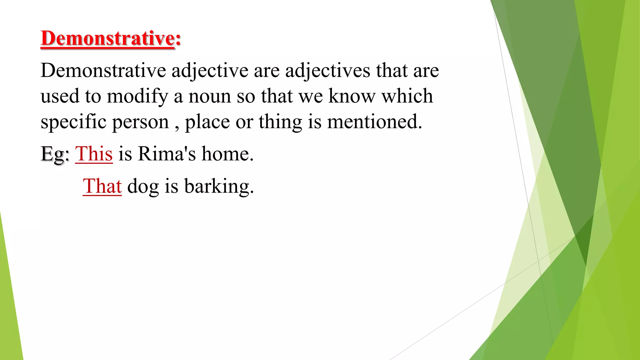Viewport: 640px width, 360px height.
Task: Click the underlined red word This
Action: [94, 154]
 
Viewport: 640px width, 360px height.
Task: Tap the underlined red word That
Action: [102, 186]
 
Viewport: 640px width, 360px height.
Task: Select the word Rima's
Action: [167, 154]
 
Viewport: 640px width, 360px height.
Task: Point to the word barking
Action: [219, 187]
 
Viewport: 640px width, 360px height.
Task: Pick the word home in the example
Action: [227, 154]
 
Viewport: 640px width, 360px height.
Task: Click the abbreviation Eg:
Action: [55, 154]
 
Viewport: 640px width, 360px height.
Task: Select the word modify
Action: [137, 96]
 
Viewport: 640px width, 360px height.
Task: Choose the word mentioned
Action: [374, 122]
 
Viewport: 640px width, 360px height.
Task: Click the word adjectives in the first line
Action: [327, 71]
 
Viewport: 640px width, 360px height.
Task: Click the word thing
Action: [280, 122]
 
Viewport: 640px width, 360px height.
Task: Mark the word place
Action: [207, 122]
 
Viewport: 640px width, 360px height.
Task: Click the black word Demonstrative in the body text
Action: [103, 70]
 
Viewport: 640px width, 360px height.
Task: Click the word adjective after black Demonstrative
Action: [210, 71]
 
